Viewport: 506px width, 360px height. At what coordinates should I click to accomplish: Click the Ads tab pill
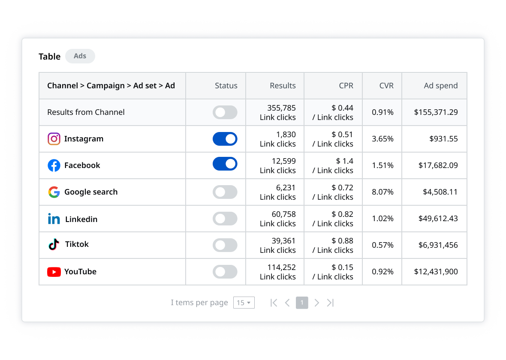[x=80, y=56]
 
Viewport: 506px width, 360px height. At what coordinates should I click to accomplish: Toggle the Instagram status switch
[x=225, y=139]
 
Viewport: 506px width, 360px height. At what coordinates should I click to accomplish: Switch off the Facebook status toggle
[x=225, y=164]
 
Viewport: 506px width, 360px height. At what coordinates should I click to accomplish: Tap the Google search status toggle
[x=225, y=192]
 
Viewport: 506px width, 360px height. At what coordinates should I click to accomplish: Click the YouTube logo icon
[x=54, y=272]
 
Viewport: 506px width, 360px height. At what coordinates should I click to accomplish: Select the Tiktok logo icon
[x=54, y=245]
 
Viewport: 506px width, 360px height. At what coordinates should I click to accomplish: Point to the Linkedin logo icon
[x=54, y=219]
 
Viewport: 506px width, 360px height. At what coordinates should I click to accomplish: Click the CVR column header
[x=386, y=86]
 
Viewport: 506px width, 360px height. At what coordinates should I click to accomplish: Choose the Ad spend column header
[x=440, y=86]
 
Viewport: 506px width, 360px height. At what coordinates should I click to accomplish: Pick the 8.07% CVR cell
[x=383, y=192]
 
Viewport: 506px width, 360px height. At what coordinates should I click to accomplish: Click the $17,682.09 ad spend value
[x=438, y=165]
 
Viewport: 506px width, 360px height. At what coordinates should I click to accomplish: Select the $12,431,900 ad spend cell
[x=436, y=272]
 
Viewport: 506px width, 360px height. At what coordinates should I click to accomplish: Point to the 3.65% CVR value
[x=383, y=139]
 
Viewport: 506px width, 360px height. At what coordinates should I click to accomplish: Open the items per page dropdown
[x=244, y=303]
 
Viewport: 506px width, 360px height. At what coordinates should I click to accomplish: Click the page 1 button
[x=302, y=303]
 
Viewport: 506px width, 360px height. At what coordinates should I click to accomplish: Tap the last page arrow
[x=330, y=303]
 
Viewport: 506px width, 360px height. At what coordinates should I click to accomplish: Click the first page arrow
[x=274, y=303]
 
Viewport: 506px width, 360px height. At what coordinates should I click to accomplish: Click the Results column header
[x=283, y=86]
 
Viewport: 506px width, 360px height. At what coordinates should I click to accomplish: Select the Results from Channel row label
[x=86, y=112]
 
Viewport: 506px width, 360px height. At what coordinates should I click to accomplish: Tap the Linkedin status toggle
[x=225, y=219]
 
